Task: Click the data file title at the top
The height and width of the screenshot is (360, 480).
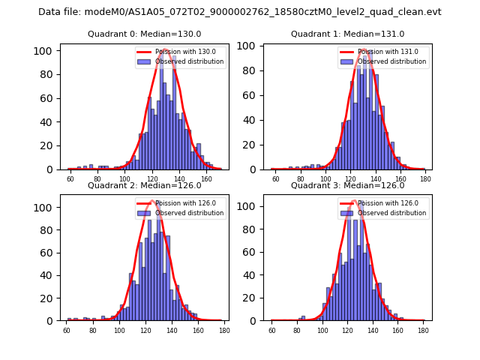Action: tap(240, 12)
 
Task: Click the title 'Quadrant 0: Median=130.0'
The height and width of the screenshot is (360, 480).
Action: tap(145, 34)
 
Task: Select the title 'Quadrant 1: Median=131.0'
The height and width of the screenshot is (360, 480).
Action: tap(347, 34)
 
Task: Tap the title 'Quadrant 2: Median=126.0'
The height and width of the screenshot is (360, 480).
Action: tap(145, 185)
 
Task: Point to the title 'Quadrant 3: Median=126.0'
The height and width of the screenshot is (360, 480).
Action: tap(347, 185)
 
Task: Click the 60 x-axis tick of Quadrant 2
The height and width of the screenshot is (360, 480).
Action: tap(67, 331)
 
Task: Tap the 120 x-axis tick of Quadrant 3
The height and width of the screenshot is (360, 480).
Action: tap(347, 331)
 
